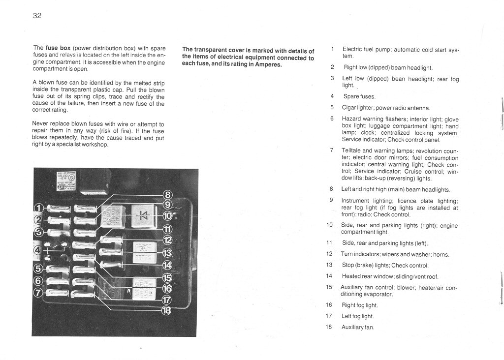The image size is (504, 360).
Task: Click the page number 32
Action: (x=37, y=16)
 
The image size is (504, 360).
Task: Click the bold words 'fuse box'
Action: (x=59, y=48)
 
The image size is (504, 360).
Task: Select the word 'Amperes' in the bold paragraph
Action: (x=266, y=65)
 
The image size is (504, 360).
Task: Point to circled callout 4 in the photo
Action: (x=38, y=250)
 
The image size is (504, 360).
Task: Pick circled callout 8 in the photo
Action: (x=167, y=195)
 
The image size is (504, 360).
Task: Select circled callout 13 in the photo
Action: (x=167, y=253)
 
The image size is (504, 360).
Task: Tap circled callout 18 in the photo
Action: (x=167, y=310)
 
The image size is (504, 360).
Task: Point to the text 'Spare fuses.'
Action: (x=359, y=96)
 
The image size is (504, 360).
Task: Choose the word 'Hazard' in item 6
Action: (x=351, y=119)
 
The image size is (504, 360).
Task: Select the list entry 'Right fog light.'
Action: (x=359, y=305)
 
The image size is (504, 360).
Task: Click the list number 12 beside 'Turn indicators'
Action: (x=329, y=254)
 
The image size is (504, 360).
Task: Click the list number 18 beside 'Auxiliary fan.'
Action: (x=329, y=327)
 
